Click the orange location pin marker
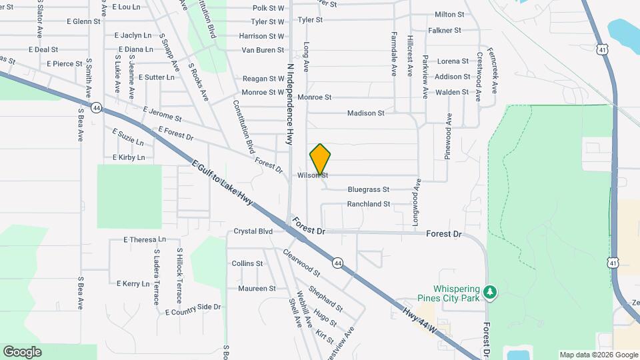pyautogui.click(x=320, y=159)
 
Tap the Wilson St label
pyautogui.click(x=313, y=175)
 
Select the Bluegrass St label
pyautogui.click(x=368, y=189)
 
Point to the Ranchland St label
pyautogui.click(x=368, y=204)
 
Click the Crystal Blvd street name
pyautogui.click(x=253, y=231)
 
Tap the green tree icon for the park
pyautogui.click(x=490, y=292)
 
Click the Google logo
pyautogui.click(x=22, y=351)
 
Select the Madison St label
pyautogui.click(x=365, y=113)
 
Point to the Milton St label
pyautogui.click(x=449, y=15)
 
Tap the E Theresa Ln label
pyautogui.click(x=145, y=239)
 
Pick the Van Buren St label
pyautogui.click(x=263, y=50)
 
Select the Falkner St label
pyautogui.click(x=445, y=31)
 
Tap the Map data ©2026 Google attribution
pyautogui.click(x=598, y=355)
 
